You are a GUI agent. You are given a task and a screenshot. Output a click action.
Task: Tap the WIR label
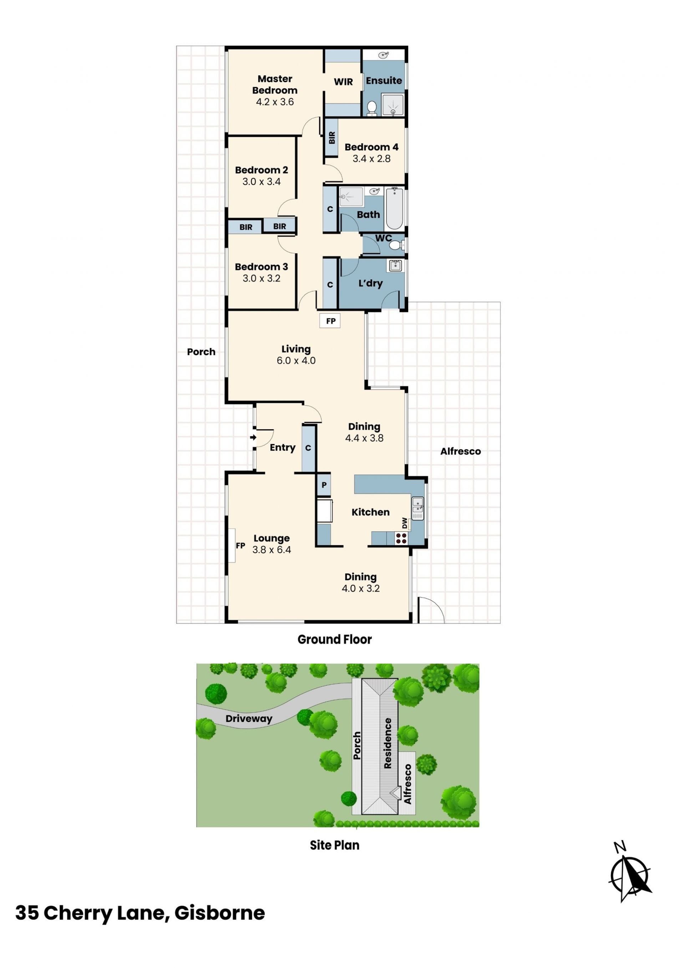pos(343,82)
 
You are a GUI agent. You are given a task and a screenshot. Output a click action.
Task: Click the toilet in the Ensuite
pos(372,108)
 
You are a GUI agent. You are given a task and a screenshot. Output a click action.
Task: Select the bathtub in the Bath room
pos(394,208)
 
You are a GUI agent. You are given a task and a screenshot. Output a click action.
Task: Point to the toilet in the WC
pos(396,245)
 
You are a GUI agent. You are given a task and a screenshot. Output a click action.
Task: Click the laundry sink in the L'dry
pos(395,266)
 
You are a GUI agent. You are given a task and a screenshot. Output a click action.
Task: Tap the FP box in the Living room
pos(330,321)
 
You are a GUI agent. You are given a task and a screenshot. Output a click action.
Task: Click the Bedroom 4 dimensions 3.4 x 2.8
pos(372,159)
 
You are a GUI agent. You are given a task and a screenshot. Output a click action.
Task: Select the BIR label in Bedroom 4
pos(331,137)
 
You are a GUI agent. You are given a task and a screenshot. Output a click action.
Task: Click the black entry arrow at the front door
pos(253,437)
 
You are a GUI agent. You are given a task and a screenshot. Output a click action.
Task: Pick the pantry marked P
pos(324,485)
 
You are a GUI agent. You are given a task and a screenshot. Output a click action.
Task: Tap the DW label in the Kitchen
pos(405,523)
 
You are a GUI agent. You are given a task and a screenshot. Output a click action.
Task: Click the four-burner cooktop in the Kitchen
pos(401,538)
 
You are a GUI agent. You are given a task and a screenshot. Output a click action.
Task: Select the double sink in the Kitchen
pos(417,508)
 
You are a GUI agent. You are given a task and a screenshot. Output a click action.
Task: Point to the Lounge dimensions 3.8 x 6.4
pos(272,550)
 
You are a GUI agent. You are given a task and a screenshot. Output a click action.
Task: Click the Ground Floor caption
pos(335,640)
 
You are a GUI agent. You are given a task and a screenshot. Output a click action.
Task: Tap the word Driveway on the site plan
pos(249,718)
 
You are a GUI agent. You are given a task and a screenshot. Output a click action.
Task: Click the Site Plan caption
pos(335,845)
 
